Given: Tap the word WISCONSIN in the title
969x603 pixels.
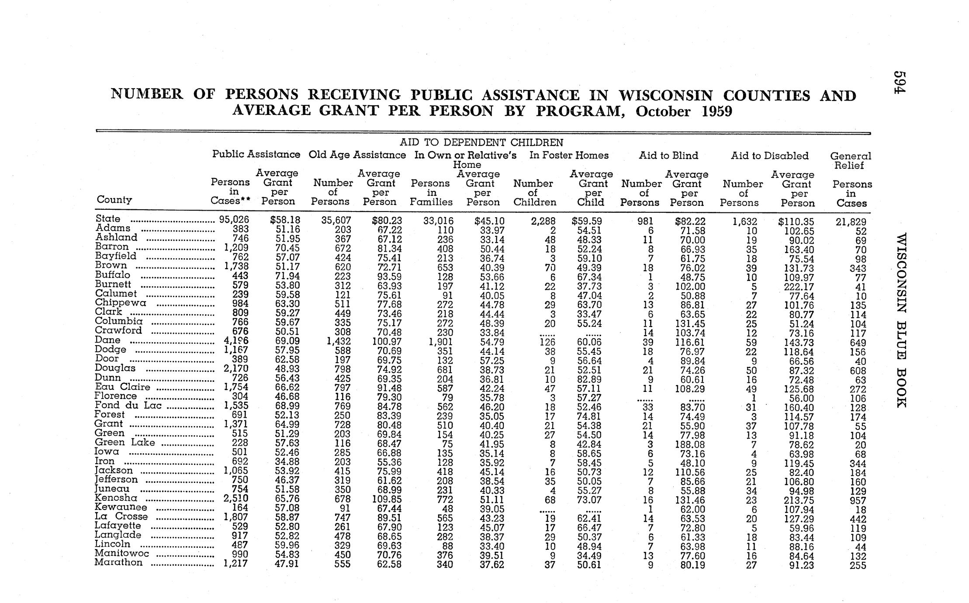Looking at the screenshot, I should (x=666, y=95).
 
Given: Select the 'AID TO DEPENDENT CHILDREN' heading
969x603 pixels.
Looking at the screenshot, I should (x=481, y=142).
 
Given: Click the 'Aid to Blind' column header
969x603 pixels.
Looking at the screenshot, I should (x=668, y=156).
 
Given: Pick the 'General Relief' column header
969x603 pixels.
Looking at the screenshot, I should (x=850, y=160).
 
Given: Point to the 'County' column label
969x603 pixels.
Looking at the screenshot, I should (x=114, y=200).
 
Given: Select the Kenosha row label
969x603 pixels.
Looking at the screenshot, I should (x=116, y=498).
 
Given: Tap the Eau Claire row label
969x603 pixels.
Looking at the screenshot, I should (x=122, y=387).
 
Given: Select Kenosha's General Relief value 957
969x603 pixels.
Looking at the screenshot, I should (x=858, y=500).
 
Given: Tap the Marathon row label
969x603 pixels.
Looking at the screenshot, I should (x=118, y=562).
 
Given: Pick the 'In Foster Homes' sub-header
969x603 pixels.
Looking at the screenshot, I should (x=569, y=156).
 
